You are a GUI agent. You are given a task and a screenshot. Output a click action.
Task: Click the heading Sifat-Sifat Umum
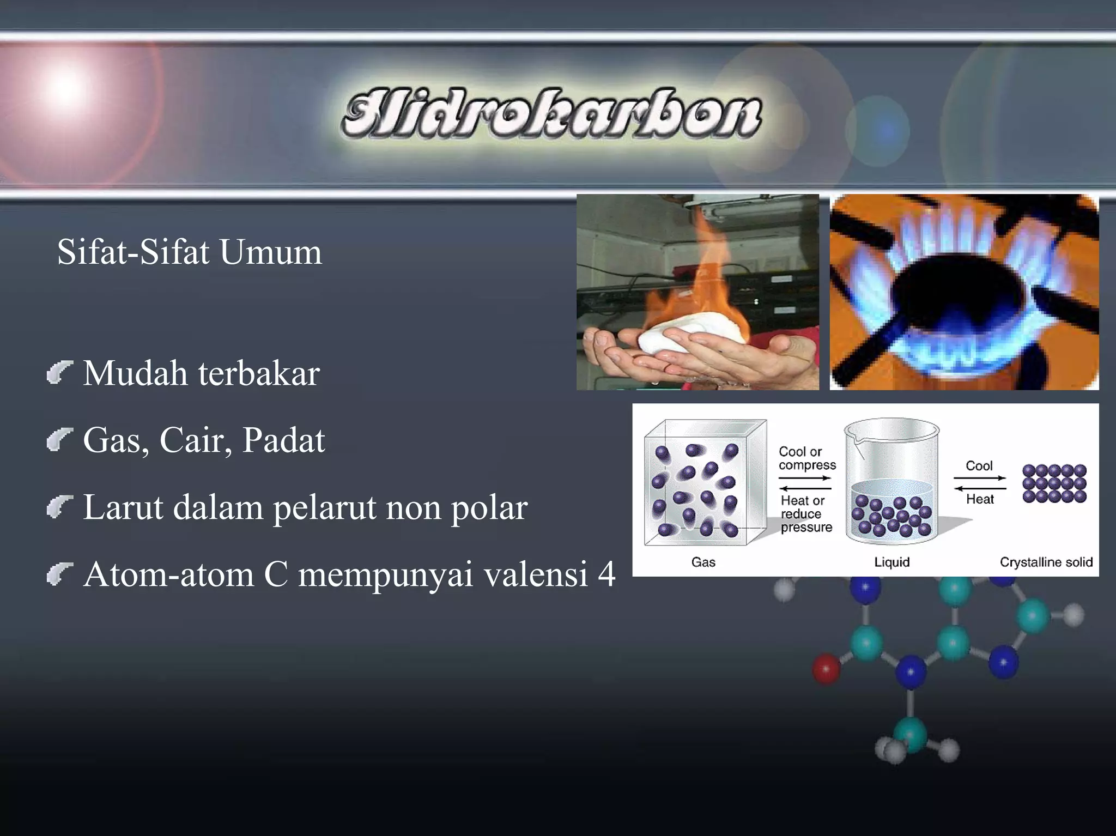[x=189, y=252]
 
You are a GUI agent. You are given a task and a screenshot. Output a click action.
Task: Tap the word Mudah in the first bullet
[x=135, y=374]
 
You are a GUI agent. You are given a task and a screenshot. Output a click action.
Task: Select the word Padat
[x=283, y=440]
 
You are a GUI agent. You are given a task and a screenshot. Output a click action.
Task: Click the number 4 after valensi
[x=606, y=574]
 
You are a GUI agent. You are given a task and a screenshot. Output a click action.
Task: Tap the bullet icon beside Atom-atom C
[x=59, y=574]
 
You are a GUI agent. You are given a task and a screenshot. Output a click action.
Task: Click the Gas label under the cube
[x=703, y=562]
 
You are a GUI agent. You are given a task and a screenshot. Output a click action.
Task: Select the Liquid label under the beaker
[x=892, y=562]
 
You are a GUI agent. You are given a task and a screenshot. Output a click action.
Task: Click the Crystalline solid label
[x=1046, y=562]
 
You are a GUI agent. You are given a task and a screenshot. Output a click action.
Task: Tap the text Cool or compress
[x=806, y=458]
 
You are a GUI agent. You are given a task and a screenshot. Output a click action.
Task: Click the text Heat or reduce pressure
[x=806, y=513]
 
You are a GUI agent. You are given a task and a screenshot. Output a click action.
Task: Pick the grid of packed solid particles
[x=1054, y=483]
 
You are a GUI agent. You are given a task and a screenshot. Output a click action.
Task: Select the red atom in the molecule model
[x=826, y=669]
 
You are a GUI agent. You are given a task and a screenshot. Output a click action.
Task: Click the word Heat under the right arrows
[x=979, y=499]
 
